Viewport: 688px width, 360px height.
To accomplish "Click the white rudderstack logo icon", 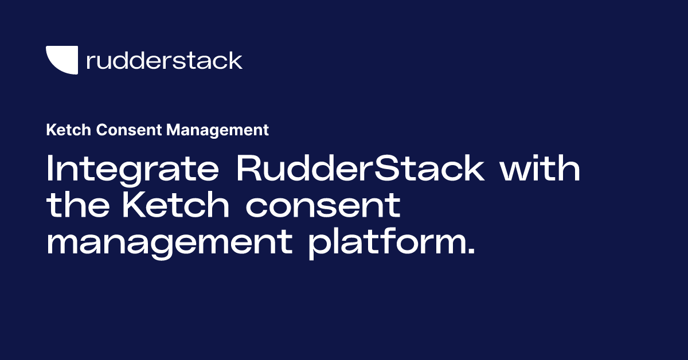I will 61,60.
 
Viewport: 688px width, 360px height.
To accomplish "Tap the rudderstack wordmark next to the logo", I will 164,60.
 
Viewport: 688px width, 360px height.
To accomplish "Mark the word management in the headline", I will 170,244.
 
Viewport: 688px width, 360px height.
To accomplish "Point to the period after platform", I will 471,252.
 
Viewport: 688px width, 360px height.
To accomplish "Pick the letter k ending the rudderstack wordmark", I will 236,60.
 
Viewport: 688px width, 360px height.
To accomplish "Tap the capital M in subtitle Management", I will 173,130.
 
